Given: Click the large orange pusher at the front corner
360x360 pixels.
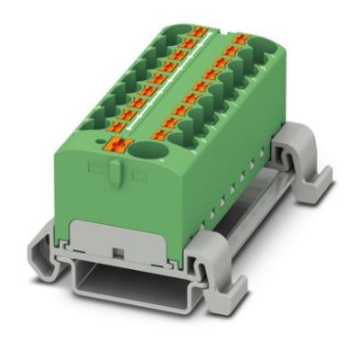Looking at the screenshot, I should click(x=118, y=143).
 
